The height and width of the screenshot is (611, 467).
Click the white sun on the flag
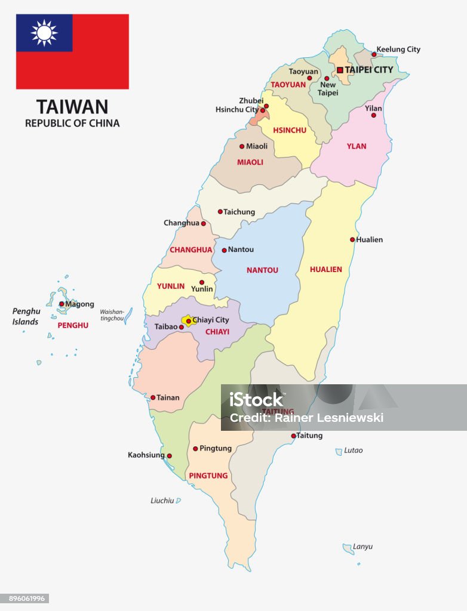[44, 33]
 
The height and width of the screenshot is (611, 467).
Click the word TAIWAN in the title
[72, 107]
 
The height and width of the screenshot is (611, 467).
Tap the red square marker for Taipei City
[340, 70]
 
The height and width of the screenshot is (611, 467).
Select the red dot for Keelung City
[374, 54]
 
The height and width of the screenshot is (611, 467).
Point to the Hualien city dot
[352, 240]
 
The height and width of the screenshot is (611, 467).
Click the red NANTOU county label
[262, 270]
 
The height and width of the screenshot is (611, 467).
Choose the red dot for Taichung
[220, 211]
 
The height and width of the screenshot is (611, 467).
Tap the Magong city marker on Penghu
[62, 304]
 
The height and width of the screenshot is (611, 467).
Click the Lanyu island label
[362, 547]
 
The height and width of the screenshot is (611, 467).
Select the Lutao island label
[353, 450]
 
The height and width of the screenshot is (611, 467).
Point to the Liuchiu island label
[162, 501]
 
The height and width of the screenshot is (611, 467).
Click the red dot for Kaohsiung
[169, 456]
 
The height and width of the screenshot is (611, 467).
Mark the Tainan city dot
[153, 397]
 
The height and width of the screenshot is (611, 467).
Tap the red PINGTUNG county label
[208, 476]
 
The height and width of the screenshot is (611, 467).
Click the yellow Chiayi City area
[187, 320]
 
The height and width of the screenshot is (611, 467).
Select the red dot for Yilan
[373, 115]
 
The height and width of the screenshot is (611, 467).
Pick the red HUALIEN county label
[326, 269]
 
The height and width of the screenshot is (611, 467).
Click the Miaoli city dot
[242, 146]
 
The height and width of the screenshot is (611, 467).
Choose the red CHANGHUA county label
[191, 249]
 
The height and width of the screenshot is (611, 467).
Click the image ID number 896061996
[24, 598]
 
